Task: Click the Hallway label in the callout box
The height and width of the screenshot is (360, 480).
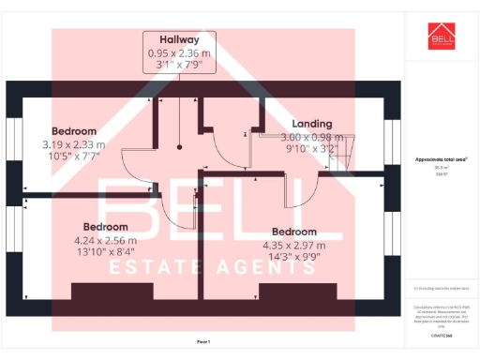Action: pos(179,39)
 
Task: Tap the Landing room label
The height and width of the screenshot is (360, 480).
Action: pos(312,124)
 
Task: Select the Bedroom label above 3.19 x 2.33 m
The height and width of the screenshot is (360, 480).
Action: pos(74,129)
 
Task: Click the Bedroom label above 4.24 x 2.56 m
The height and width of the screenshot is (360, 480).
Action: pos(105,227)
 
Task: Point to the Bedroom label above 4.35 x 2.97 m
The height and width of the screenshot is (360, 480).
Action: pos(293,232)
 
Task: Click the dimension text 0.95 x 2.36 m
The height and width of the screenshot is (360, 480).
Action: pos(179,53)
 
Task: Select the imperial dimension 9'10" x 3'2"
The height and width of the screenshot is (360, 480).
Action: pos(312,148)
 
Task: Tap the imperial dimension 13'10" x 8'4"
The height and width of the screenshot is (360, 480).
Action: pos(105,251)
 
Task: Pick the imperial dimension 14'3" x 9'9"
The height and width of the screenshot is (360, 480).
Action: pos(293,256)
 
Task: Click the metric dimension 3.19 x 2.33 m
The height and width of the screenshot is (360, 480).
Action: pos(74,144)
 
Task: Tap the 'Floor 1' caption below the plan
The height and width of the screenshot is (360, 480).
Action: pos(204,340)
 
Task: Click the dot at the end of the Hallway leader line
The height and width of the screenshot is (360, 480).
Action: pos(179,146)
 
